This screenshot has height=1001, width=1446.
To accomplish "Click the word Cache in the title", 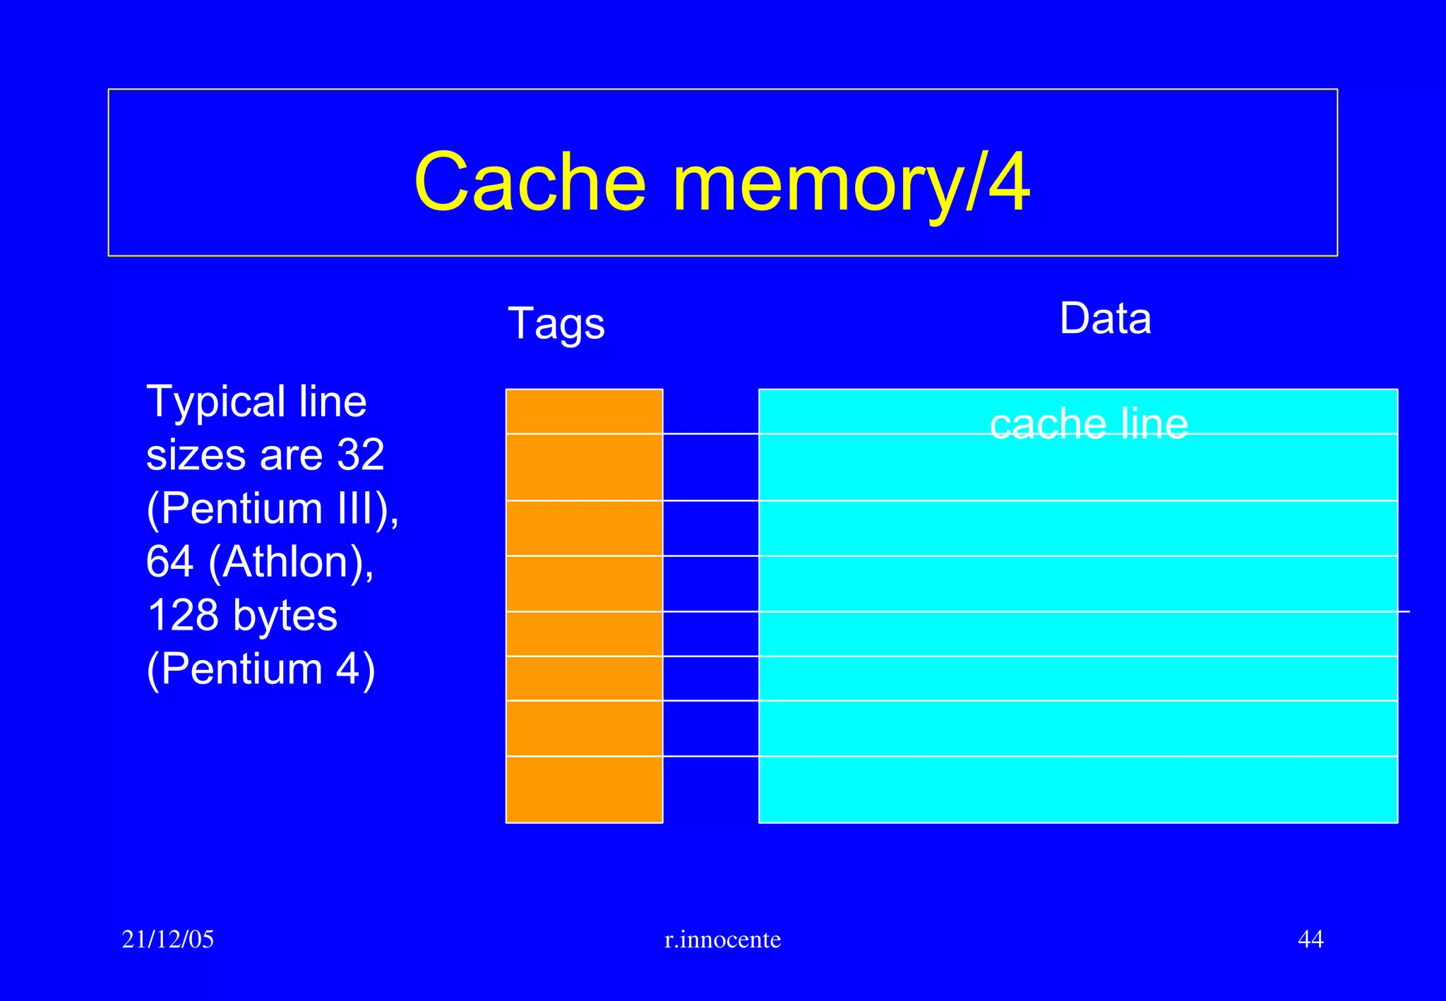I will (x=530, y=183).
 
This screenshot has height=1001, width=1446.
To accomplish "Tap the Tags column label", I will (x=556, y=324).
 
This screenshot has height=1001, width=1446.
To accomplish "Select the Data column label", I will (x=1105, y=318).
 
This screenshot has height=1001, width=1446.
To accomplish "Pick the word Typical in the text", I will (x=215, y=402).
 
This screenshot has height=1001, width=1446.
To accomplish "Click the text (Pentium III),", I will (x=273, y=508).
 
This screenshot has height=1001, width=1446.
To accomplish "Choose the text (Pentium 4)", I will (x=261, y=669).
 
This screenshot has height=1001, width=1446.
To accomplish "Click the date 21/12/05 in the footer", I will (x=167, y=939).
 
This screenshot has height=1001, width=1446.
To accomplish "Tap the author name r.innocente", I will (x=722, y=940).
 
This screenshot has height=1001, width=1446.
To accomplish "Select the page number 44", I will (x=1310, y=939).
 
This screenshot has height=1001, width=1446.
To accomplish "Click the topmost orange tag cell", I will (x=584, y=412).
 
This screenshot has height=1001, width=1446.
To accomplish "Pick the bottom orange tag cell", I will (x=584, y=789).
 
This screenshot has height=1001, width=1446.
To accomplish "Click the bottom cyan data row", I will (x=1077, y=789).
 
